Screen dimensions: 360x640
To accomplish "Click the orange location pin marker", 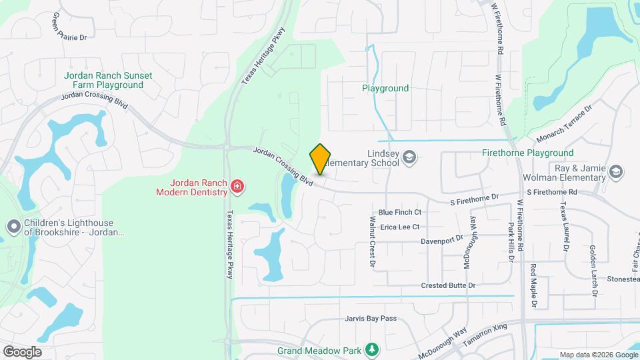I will [x=321, y=159].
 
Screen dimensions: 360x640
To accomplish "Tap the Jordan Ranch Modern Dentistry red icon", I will [x=237, y=187].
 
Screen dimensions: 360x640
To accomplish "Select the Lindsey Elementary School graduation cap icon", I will [x=409, y=158].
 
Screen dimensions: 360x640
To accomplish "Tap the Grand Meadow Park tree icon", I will [x=372, y=349].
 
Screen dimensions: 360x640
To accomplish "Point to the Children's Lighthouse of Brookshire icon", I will [x=13, y=227].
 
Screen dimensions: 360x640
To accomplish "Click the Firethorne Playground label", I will [x=527, y=153].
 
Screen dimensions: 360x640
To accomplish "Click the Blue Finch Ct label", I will [x=400, y=212].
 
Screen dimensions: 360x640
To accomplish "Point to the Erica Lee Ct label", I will [x=399, y=227].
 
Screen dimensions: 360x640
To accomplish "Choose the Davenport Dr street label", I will [x=442, y=239].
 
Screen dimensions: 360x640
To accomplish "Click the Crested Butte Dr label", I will [x=448, y=285].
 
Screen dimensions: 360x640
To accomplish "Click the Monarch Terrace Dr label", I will [x=564, y=123].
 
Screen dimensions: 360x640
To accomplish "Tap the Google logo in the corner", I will [x=22, y=351].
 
